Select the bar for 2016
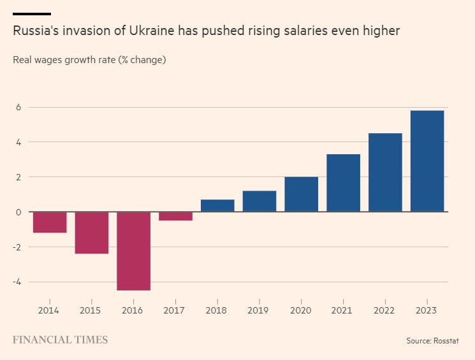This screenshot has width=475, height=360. [x=134, y=251]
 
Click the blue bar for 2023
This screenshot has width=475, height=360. [x=427, y=161]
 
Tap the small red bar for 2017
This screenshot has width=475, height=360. [x=176, y=216]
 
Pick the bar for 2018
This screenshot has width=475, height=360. [x=217, y=206]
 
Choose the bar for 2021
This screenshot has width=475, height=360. [x=343, y=183]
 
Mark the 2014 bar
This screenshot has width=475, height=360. [x=50, y=222]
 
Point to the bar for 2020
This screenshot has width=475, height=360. [x=302, y=194]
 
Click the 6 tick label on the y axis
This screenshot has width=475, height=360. [x=18, y=108]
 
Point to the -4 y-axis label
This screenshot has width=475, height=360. [x=17, y=282]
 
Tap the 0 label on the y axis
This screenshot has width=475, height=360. [x=18, y=212]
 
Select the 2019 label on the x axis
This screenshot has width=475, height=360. [x=258, y=310]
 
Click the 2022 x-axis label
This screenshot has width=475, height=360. [x=384, y=310]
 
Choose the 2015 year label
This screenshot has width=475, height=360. [x=90, y=310]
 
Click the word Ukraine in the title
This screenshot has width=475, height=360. [x=152, y=31]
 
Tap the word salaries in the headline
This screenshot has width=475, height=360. [x=305, y=31]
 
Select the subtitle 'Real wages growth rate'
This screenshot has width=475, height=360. [x=64, y=60]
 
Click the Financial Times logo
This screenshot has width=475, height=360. [x=61, y=340]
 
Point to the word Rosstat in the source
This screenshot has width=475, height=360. [x=446, y=341]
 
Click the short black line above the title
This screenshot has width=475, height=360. [x=32, y=14]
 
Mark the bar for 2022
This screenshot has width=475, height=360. [x=385, y=173]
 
